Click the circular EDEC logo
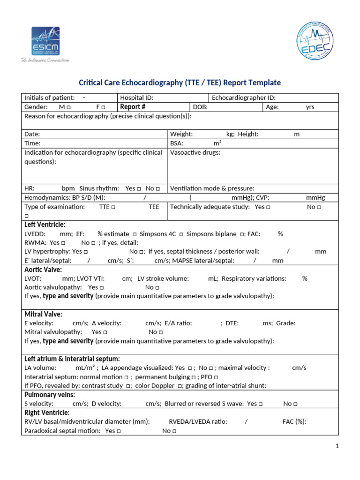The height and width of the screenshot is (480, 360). tap(315, 42)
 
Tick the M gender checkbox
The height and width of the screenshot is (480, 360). tap(69, 107)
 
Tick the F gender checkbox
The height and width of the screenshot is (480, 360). tap(103, 107)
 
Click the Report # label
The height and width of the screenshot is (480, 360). tap(133, 107)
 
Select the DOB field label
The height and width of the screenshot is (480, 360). tap(200, 107)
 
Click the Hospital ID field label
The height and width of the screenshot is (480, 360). tap(137, 97)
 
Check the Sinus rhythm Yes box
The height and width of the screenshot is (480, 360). tap(139, 188)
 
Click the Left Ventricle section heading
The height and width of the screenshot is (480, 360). tap(45, 225)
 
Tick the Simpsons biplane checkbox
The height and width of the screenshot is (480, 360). tap(242, 234)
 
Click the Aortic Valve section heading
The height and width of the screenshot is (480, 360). tap(43, 270)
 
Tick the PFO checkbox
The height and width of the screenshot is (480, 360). tap(216, 377)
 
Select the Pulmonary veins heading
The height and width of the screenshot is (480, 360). tap(47, 395)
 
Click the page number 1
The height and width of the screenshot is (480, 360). tap(337, 447)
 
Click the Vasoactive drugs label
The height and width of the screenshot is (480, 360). tap(195, 152)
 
